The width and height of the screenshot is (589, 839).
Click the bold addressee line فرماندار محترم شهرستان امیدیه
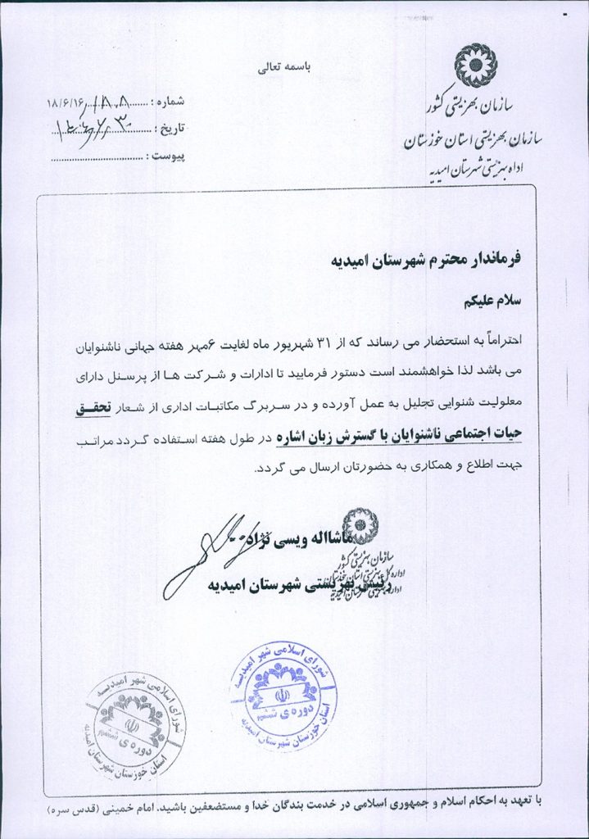click(431, 261)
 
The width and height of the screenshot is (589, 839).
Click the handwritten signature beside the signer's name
click(205, 554)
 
